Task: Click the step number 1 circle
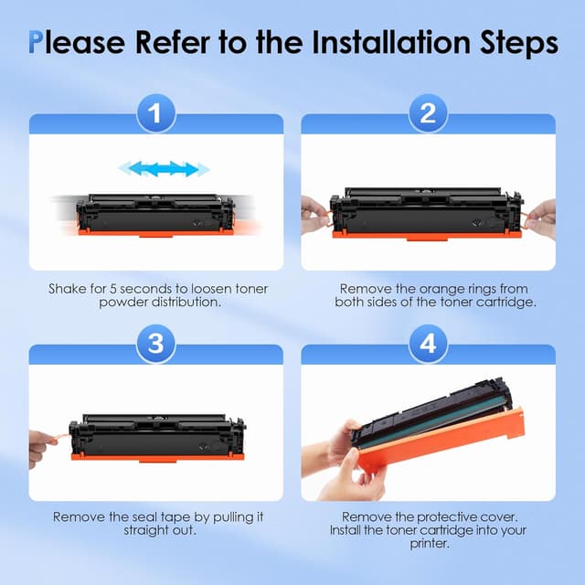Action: [x=156, y=113]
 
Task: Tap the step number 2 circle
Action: [x=428, y=113]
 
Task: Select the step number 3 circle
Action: [x=156, y=344]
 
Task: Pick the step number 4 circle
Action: [x=428, y=344]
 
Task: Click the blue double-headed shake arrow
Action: [x=165, y=169]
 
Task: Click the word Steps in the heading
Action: [x=519, y=44]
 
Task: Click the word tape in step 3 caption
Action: [x=175, y=518]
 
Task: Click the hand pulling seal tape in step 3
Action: [x=41, y=449]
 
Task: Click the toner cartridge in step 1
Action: [x=155, y=215]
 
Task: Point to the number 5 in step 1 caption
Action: [x=113, y=289]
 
